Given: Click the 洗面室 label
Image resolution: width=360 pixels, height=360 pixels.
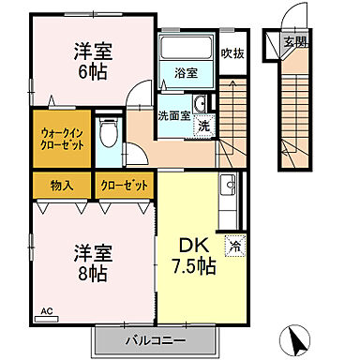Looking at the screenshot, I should pos(173,117).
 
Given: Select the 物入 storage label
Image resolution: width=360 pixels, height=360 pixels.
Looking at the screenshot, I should pos(63,186).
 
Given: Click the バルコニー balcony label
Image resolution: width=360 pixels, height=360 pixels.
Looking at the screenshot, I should pos(155,339).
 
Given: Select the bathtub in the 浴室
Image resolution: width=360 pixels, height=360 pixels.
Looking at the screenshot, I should pos(186,50).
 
